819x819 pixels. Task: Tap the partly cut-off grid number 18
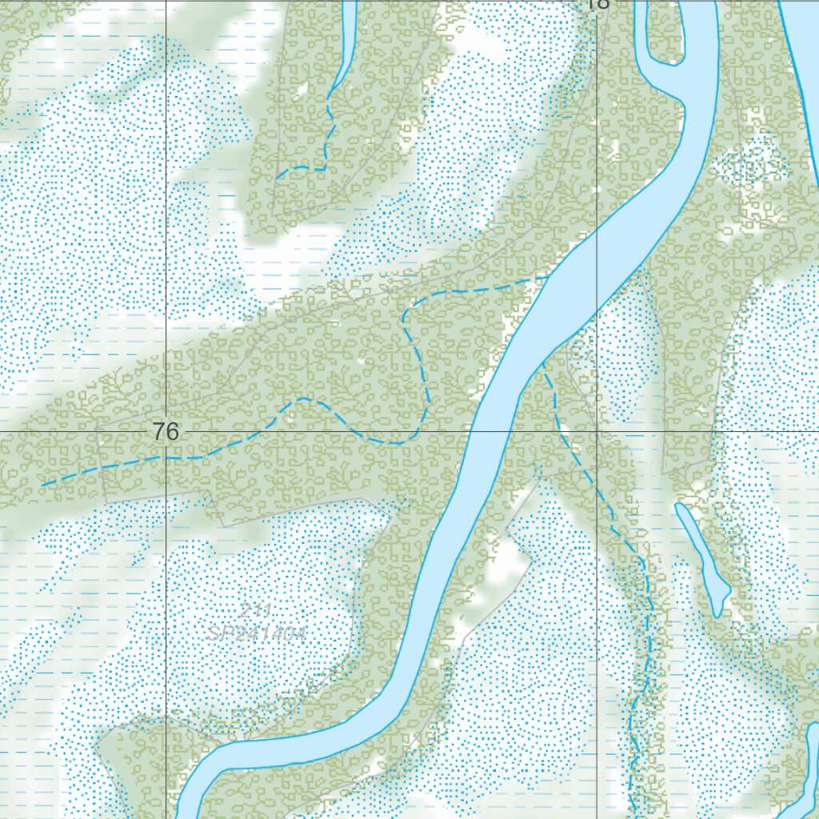(x=597, y=4)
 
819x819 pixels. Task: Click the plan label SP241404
(x=256, y=633)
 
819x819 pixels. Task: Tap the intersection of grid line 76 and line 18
(x=597, y=432)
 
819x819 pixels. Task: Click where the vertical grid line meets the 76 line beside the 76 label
(x=166, y=432)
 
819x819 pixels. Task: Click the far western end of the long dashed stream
(x=42, y=485)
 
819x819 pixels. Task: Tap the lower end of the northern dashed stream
(x=277, y=178)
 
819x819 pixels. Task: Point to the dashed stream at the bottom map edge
(x=632, y=808)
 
